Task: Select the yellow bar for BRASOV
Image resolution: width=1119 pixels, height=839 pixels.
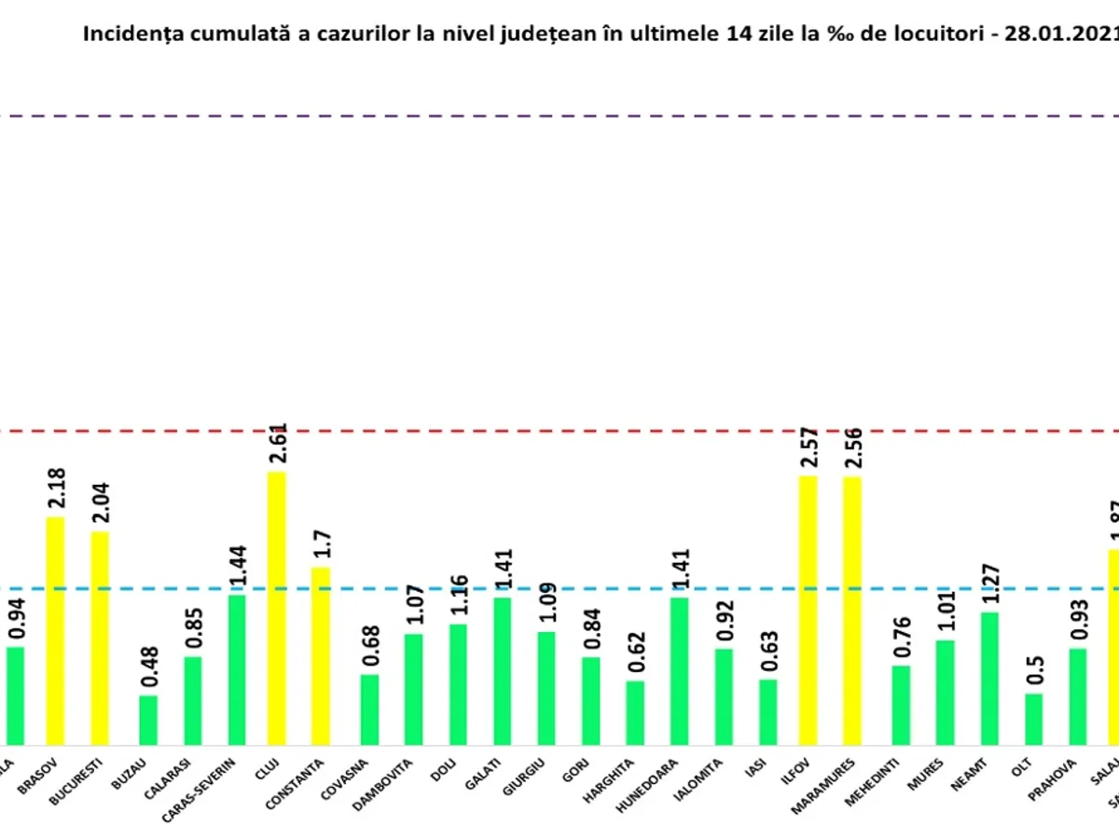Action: pyautogui.click(x=55, y=630)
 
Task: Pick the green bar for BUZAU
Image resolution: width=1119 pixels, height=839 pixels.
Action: pyautogui.click(x=148, y=720)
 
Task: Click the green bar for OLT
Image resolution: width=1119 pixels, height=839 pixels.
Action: pyautogui.click(x=1033, y=719)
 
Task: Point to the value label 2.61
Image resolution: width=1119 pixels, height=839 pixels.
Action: pyautogui.click(x=277, y=445)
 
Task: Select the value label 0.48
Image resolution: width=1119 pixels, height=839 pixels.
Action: pyautogui.click(x=149, y=668)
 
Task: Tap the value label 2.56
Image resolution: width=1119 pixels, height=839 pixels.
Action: pyautogui.click(x=852, y=450)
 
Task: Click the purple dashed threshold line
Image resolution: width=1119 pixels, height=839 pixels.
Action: pyautogui.click(x=559, y=117)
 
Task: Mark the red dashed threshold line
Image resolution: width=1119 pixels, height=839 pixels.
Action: pyautogui.click(x=559, y=432)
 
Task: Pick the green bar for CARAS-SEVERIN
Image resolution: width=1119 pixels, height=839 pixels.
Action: pyautogui.click(x=237, y=669)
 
